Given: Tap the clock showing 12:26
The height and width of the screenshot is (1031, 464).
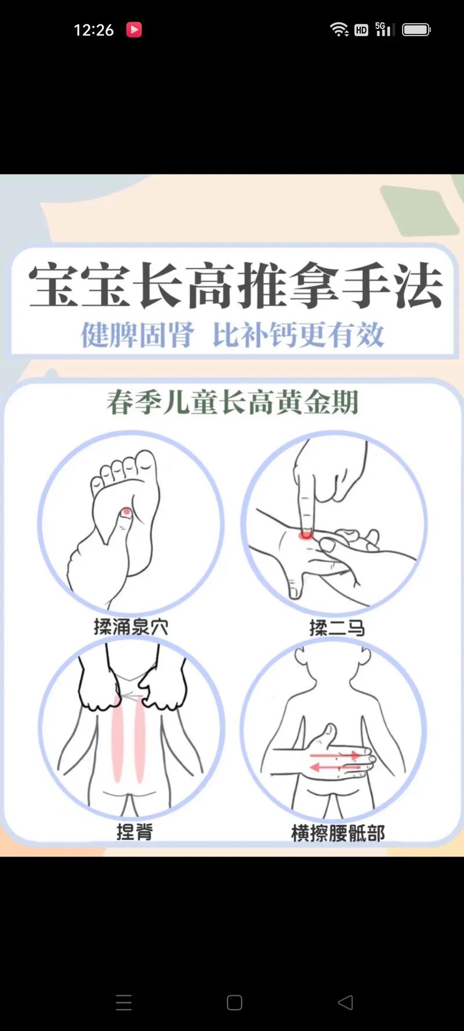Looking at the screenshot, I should [93, 30].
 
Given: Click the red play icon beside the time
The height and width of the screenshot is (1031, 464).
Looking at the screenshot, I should [134, 30].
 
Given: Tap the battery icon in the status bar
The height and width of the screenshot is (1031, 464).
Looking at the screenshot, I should [416, 30].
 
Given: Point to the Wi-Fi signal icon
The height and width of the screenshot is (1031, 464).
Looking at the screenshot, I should [339, 30].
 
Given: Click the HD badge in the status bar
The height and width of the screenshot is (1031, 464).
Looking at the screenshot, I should [361, 30].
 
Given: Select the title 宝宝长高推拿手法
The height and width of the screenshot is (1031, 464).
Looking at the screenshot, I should [235, 285].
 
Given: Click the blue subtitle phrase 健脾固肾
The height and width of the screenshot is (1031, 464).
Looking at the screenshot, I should [137, 335].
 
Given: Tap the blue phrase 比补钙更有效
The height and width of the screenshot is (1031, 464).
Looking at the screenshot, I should [298, 335].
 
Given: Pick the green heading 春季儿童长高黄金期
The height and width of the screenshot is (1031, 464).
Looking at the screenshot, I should [233, 402].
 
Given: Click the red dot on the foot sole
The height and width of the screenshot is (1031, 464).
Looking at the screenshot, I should [126, 512].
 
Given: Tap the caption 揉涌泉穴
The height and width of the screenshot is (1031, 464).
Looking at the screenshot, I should [131, 627].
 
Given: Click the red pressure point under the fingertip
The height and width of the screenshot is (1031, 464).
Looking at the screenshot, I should [305, 535].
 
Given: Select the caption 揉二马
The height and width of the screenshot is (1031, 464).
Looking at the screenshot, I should [337, 627].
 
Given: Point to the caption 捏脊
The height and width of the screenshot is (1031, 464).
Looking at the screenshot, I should [135, 832].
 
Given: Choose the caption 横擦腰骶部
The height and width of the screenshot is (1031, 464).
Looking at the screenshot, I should [338, 833].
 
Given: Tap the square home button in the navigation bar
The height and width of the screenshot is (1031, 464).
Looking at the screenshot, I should [234, 1003].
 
